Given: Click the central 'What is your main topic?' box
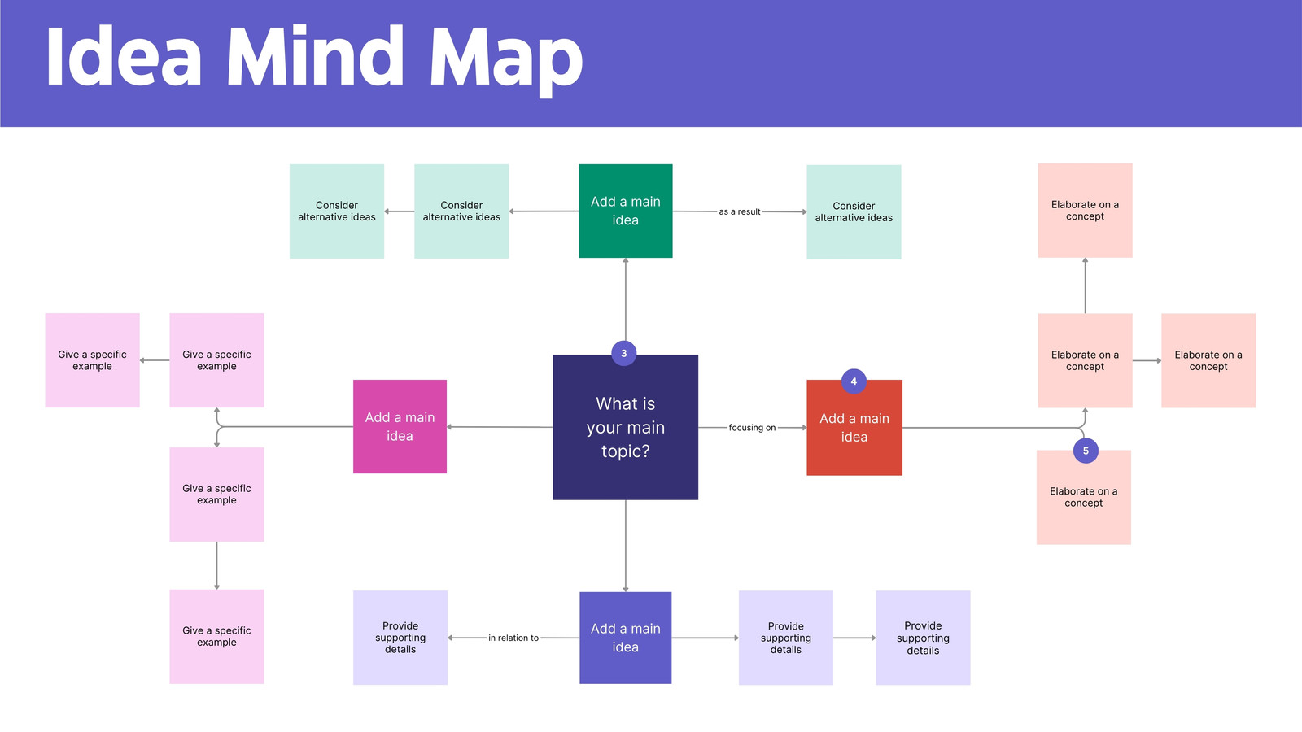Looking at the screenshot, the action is (x=626, y=427).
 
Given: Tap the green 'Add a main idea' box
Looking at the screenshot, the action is (x=626, y=211).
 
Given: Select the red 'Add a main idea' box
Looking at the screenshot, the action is (x=854, y=428).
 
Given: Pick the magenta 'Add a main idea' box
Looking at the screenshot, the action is (x=400, y=426).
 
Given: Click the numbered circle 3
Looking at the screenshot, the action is (x=623, y=353).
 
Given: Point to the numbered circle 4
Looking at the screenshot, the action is (x=854, y=381).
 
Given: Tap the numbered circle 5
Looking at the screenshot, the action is (x=1086, y=451).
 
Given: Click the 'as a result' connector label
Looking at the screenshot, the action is (x=740, y=211).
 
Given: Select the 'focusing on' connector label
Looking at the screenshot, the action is (x=752, y=428).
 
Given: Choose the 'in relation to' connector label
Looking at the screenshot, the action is (x=513, y=638).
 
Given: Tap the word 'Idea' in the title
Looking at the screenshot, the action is (x=124, y=57).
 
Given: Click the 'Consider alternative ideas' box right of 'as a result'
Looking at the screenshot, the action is (x=854, y=212).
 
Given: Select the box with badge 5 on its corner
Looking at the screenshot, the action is (x=1083, y=497).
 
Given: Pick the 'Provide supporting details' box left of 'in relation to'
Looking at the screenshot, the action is (x=400, y=638).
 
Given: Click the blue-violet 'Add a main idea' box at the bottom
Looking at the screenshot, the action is (x=626, y=638).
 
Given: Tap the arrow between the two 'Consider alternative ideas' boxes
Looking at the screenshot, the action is (x=400, y=211).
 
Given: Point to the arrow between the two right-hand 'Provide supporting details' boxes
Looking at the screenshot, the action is (x=854, y=638).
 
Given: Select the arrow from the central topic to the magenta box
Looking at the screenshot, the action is (x=500, y=427).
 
